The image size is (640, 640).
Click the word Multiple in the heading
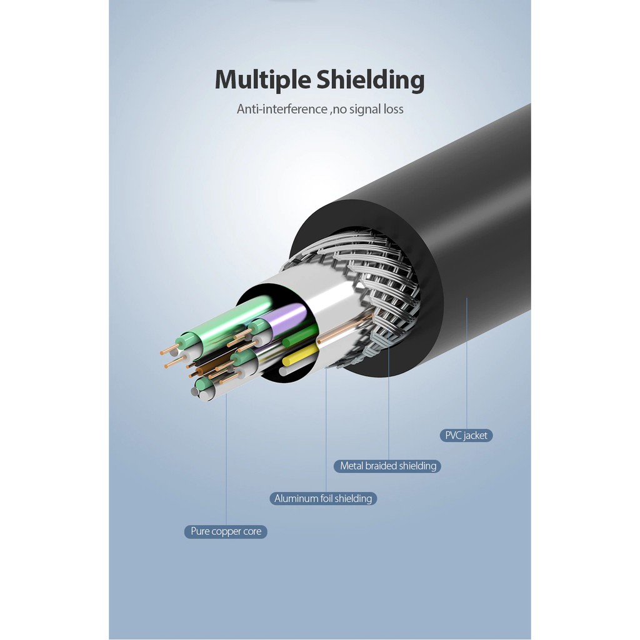[x=263, y=81]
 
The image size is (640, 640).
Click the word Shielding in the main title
[x=371, y=81]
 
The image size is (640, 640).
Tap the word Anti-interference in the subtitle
[x=282, y=109]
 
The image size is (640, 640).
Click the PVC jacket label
[x=466, y=436]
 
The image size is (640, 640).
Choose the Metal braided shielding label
[x=387, y=466]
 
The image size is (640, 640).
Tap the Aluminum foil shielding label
[x=323, y=498]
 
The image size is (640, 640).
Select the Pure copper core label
[x=226, y=531]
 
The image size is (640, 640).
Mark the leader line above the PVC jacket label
[x=466, y=363]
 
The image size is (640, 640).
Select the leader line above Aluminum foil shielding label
[x=326, y=429]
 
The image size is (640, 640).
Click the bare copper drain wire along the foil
[x=345, y=329]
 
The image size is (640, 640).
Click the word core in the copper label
[x=252, y=532]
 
